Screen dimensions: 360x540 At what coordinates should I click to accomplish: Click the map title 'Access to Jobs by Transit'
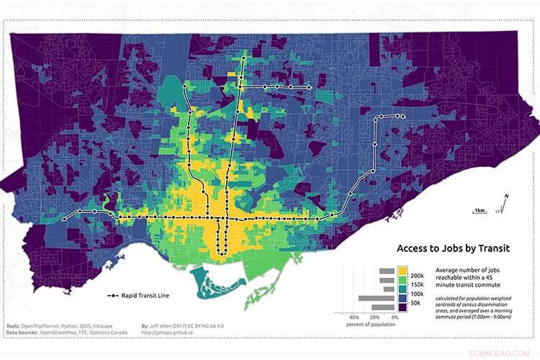[453, 248]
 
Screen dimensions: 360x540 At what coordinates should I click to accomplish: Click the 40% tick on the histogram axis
[354, 317]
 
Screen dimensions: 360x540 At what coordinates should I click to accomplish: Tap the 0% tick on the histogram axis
[395, 317]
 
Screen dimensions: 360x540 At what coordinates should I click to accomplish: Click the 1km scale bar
[479, 210]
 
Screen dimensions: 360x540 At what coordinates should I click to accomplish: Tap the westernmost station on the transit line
[64, 218]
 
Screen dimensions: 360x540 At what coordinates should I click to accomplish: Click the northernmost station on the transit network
[243, 58]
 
